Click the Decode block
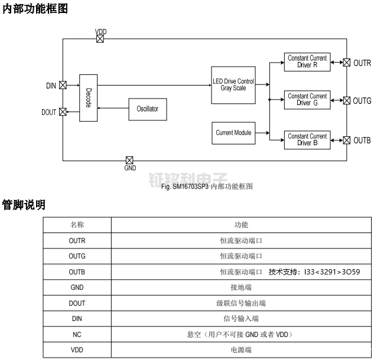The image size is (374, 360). [x=88, y=98]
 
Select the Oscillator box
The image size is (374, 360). [x=147, y=109]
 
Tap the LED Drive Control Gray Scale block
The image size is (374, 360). [x=233, y=84]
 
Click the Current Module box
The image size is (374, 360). [x=233, y=133]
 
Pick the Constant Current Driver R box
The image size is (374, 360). [x=307, y=62]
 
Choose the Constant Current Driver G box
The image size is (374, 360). [x=307, y=100]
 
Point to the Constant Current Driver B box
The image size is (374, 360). [x=307, y=140]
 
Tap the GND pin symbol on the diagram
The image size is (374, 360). [x=129, y=160]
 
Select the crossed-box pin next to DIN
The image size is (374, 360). [x=63, y=86]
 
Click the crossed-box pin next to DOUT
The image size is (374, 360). [x=63, y=112]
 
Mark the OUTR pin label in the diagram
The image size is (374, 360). [x=362, y=63]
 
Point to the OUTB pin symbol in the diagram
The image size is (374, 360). [x=347, y=140]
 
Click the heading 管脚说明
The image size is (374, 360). [x=24, y=205]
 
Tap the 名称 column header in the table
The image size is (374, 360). [x=77, y=225]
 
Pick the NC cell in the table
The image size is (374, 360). [x=77, y=334]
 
